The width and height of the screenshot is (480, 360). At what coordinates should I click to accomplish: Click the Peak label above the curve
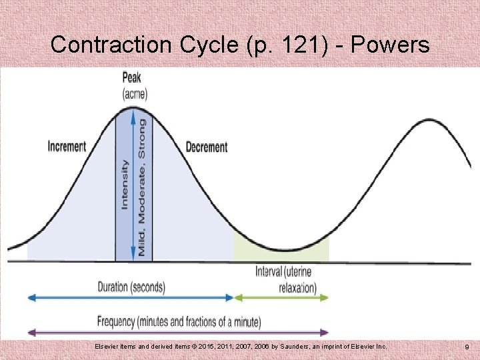[x=131, y=77]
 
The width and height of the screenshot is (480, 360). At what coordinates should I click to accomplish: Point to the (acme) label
[x=135, y=93]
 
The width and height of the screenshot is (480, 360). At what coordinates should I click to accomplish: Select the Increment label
[x=67, y=147]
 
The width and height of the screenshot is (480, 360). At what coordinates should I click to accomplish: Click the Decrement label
[x=206, y=147]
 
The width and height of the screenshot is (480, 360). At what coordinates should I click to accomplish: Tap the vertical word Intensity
[x=125, y=185]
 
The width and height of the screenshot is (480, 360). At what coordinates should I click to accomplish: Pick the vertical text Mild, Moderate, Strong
[x=141, y=187]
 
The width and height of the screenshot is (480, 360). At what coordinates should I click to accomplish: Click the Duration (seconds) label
[x=131, y=287]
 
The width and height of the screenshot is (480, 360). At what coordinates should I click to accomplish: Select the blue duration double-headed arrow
[x=130, y=298]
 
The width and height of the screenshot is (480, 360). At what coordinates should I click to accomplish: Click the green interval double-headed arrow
[x=281, y=298]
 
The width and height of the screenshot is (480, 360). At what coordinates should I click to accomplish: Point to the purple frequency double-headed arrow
[x=178, y=331]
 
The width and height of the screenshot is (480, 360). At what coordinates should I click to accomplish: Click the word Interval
[x=269, y=272]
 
